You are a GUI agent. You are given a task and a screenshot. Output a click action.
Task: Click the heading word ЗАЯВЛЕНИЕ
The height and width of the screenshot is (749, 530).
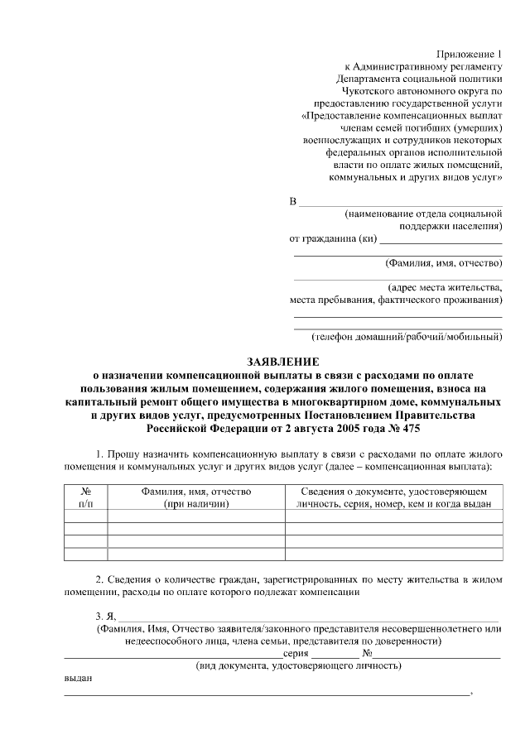pos(283,361)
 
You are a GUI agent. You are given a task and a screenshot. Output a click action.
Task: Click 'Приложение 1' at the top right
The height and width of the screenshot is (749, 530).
pos(470,52)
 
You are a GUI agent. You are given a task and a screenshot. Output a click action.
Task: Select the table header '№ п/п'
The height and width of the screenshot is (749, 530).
pos(85,497)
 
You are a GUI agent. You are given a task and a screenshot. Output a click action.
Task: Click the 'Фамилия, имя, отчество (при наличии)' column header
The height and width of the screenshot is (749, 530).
pos(195,497)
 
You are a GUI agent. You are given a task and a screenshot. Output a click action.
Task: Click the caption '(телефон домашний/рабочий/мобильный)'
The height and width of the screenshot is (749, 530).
pos(407,337)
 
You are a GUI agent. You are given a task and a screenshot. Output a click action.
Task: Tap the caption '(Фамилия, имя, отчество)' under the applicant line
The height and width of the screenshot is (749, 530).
pos(444,263)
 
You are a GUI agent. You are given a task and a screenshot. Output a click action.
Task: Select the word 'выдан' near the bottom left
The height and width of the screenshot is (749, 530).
pos(78,678)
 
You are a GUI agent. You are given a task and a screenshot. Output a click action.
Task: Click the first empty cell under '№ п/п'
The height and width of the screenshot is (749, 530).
pos(85,516)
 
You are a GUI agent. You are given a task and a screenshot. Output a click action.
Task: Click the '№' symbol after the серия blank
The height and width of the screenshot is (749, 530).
pos(366,653)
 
